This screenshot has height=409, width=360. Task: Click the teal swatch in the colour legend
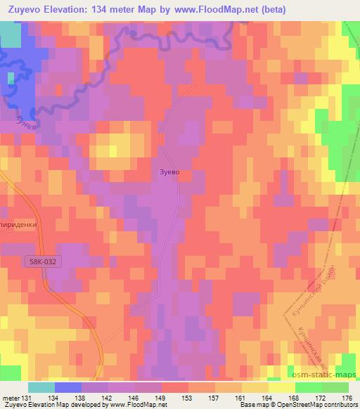(41, 387)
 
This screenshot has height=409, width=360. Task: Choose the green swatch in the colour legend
(335, 387)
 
